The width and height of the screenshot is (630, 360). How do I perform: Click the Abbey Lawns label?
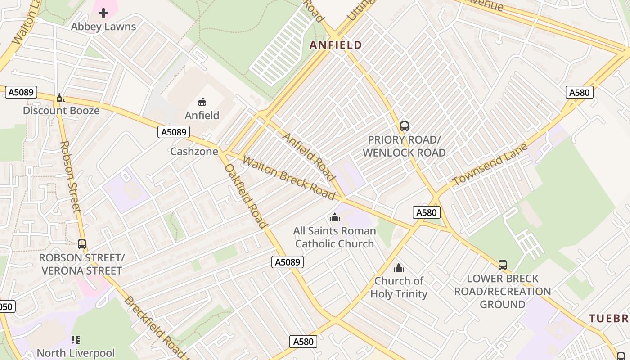click(103, 27)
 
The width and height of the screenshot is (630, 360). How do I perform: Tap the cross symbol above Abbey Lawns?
click(103, 13)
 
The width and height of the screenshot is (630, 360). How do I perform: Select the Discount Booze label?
click(61, 111)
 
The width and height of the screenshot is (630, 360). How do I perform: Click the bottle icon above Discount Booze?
click(60, 98)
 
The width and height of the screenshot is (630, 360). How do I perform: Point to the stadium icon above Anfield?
click(202, 102)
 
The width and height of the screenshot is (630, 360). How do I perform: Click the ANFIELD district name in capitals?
click(336, 45)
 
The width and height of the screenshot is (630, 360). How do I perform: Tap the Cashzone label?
click(194, 152)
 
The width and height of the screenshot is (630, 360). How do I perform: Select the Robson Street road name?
click(70, 176)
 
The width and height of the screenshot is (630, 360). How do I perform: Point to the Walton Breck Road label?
click(289, 177)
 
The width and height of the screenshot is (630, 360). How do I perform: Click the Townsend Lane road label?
click(490, 165)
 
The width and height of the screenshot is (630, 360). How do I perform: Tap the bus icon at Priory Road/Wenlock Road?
click(404, 126)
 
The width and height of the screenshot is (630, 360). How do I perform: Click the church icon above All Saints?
click(334, 218)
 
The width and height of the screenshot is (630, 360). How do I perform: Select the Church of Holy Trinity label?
click(399, 288)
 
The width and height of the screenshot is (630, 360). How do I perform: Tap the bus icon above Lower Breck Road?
click(503, 265)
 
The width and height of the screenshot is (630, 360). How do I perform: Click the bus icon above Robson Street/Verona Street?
click(82, 244)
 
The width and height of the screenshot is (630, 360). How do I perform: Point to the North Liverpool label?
click(76, 353)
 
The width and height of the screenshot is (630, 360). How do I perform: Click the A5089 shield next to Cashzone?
click(174, 132)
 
